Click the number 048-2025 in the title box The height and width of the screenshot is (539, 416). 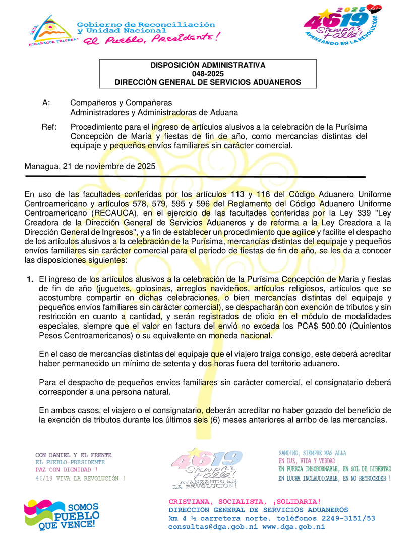tap(207, 74)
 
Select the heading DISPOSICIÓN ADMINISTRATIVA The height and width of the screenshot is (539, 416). tap(207, 65)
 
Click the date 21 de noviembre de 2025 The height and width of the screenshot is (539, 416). tap(105, 166)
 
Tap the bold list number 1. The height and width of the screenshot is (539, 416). tap(30, 279)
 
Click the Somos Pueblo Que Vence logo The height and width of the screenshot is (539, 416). tap(62, 515)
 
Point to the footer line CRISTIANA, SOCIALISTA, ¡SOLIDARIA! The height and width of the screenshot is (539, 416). tap(245, 501)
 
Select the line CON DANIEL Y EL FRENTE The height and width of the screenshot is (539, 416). tap(74, 455)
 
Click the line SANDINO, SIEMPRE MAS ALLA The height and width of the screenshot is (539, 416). tap(313, 453)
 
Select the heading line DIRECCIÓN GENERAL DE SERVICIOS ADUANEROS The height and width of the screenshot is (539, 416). tap(207, 82)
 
